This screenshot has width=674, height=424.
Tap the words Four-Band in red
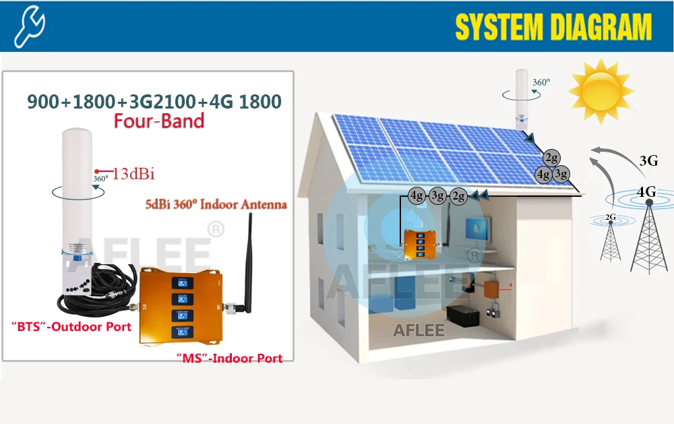click(159, 121)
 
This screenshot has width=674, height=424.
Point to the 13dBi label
click(133, 174)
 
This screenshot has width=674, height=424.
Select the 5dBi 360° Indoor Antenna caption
click(216, 204)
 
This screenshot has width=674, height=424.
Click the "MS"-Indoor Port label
click(229, 358)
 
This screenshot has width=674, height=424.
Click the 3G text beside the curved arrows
click(648, 160)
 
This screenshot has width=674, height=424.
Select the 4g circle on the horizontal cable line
click(417, 196)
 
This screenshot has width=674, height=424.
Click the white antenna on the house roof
click(522, 98)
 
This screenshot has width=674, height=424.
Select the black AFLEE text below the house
click(419, 330)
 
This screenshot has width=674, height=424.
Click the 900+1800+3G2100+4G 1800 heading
click(154, 101)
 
